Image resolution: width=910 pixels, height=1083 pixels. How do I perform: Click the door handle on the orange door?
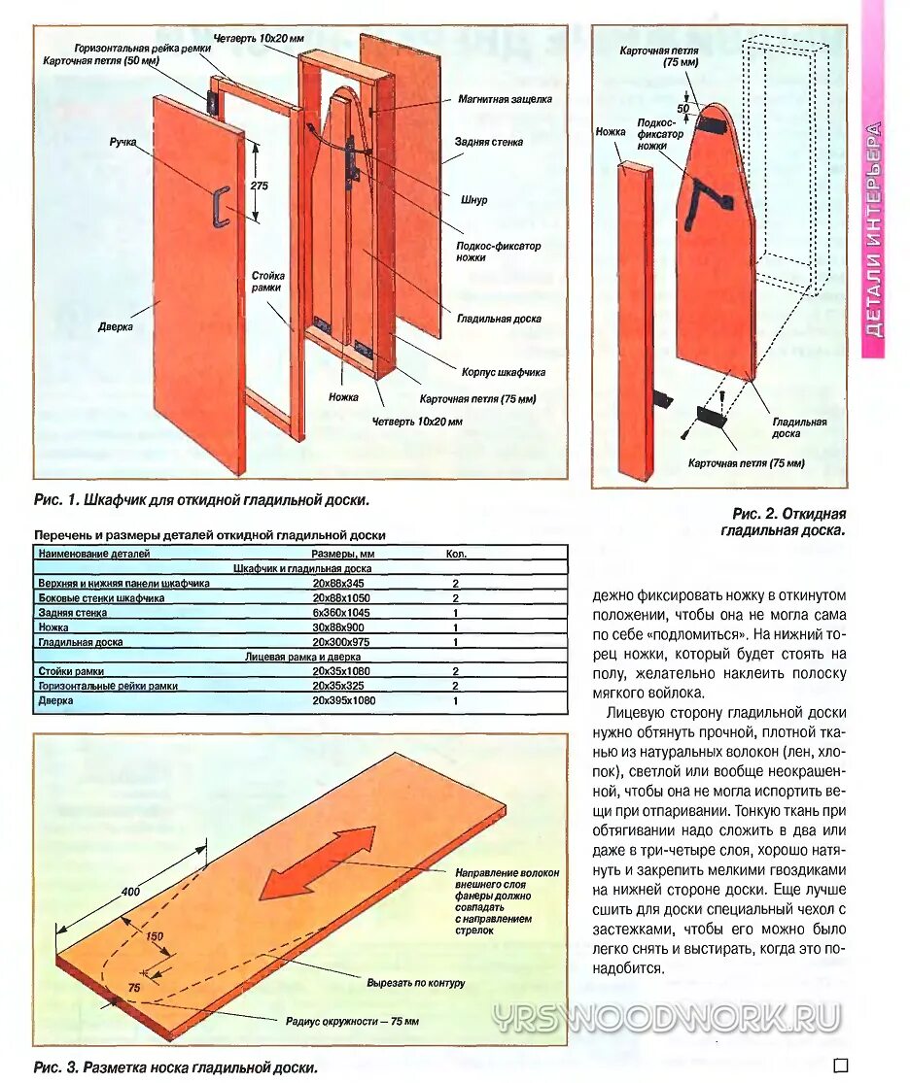(x=221, y=206)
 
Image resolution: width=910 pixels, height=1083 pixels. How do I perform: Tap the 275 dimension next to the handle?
(x=258, y=185)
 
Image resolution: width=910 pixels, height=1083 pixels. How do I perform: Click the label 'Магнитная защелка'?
(x=505, y=99)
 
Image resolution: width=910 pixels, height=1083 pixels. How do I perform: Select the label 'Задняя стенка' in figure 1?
(x=489, y=142)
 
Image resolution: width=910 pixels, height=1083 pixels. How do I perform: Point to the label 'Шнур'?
(x=474, y=200)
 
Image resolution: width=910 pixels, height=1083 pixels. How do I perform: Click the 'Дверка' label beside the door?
(x=116, y=327)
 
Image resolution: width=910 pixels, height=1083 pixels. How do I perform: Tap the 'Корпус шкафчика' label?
(x=503, y=372)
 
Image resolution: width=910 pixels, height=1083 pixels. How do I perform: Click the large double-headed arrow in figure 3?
(x=317, y=863)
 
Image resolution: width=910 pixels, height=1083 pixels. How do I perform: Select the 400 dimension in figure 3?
(x=130, y=891)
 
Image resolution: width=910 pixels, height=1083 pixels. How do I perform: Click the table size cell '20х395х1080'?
(x=343, y=700)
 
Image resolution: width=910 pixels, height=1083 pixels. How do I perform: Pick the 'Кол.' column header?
(x=456, y=554)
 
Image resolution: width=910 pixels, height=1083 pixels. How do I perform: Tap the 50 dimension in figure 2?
(x=682, y=108)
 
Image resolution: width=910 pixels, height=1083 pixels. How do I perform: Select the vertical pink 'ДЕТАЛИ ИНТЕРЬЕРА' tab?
(x=873, y=228)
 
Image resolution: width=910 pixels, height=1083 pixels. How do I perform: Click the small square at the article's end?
(x=840, y=1066)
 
